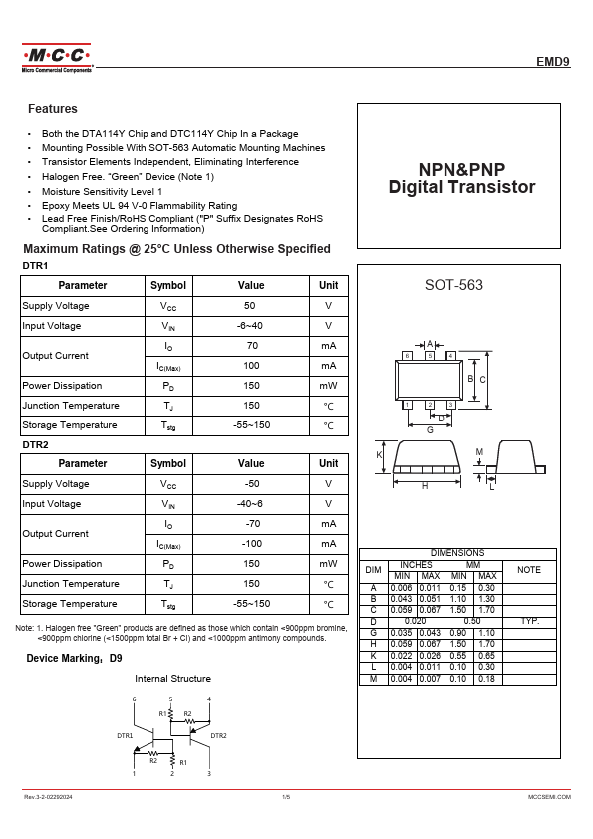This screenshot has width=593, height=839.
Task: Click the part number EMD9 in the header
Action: pos(553,61)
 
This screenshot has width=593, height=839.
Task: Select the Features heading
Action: pos(53,109)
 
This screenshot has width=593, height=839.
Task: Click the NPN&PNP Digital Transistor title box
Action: pos(461,178)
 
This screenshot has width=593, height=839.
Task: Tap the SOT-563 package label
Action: pos(453,285)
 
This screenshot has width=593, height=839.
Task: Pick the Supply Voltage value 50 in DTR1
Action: pos(250,306)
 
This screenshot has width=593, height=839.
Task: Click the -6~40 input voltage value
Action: pos(250,326)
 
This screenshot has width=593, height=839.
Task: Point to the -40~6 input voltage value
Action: pos(250,504)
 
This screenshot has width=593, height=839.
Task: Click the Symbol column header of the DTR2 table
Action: pos(167,463)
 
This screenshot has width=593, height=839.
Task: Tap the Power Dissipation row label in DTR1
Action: pos(62,386)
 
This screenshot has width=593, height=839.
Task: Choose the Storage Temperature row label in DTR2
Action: pos(70,604)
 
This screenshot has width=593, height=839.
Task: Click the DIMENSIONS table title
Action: pos(457,553)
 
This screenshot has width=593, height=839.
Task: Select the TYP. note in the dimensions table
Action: pos(529,620)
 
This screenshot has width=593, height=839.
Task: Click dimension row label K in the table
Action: pos(374,657)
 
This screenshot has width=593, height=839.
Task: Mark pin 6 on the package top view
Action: pos(407,356)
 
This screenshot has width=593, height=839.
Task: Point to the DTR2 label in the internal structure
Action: pos(218,736)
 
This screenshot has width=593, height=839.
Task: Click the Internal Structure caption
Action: pos(172,679)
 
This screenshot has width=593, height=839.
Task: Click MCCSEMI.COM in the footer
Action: pos(549,798)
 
